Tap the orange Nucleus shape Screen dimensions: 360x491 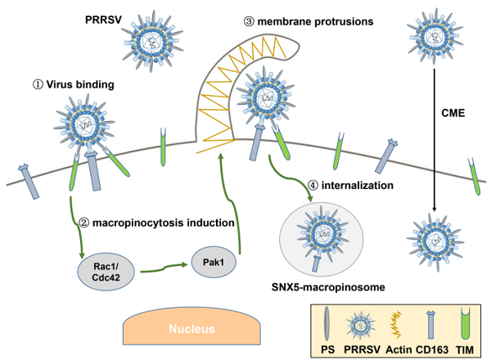195,330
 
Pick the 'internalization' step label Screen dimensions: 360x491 361,185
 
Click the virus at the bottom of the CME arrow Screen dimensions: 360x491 435,238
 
